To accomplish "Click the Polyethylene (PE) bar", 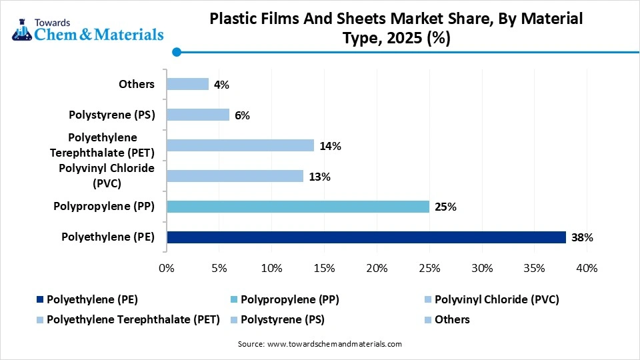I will click(366, 237).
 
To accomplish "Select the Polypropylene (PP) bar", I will click(298, 207).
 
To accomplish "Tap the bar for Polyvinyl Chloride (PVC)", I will click(235, 176).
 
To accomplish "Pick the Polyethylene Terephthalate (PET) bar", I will click(240, 145).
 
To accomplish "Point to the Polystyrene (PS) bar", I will click(198, 115).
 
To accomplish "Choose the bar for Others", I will click(187, 84).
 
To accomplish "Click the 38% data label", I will click(582, 237).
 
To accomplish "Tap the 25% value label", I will click(445, 207).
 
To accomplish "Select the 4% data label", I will click(221, 85).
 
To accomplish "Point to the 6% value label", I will click(242, 115).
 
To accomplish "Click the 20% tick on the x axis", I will click(377, 268).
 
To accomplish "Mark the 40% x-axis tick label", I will click(587, 268).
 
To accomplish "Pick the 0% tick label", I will click(167, 268).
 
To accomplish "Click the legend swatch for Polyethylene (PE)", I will click(41, 300).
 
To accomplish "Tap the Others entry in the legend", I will click(451, 319).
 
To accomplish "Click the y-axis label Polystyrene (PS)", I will click(112, 115).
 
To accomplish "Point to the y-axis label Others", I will click(137, 84).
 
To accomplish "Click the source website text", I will click(320, 344).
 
